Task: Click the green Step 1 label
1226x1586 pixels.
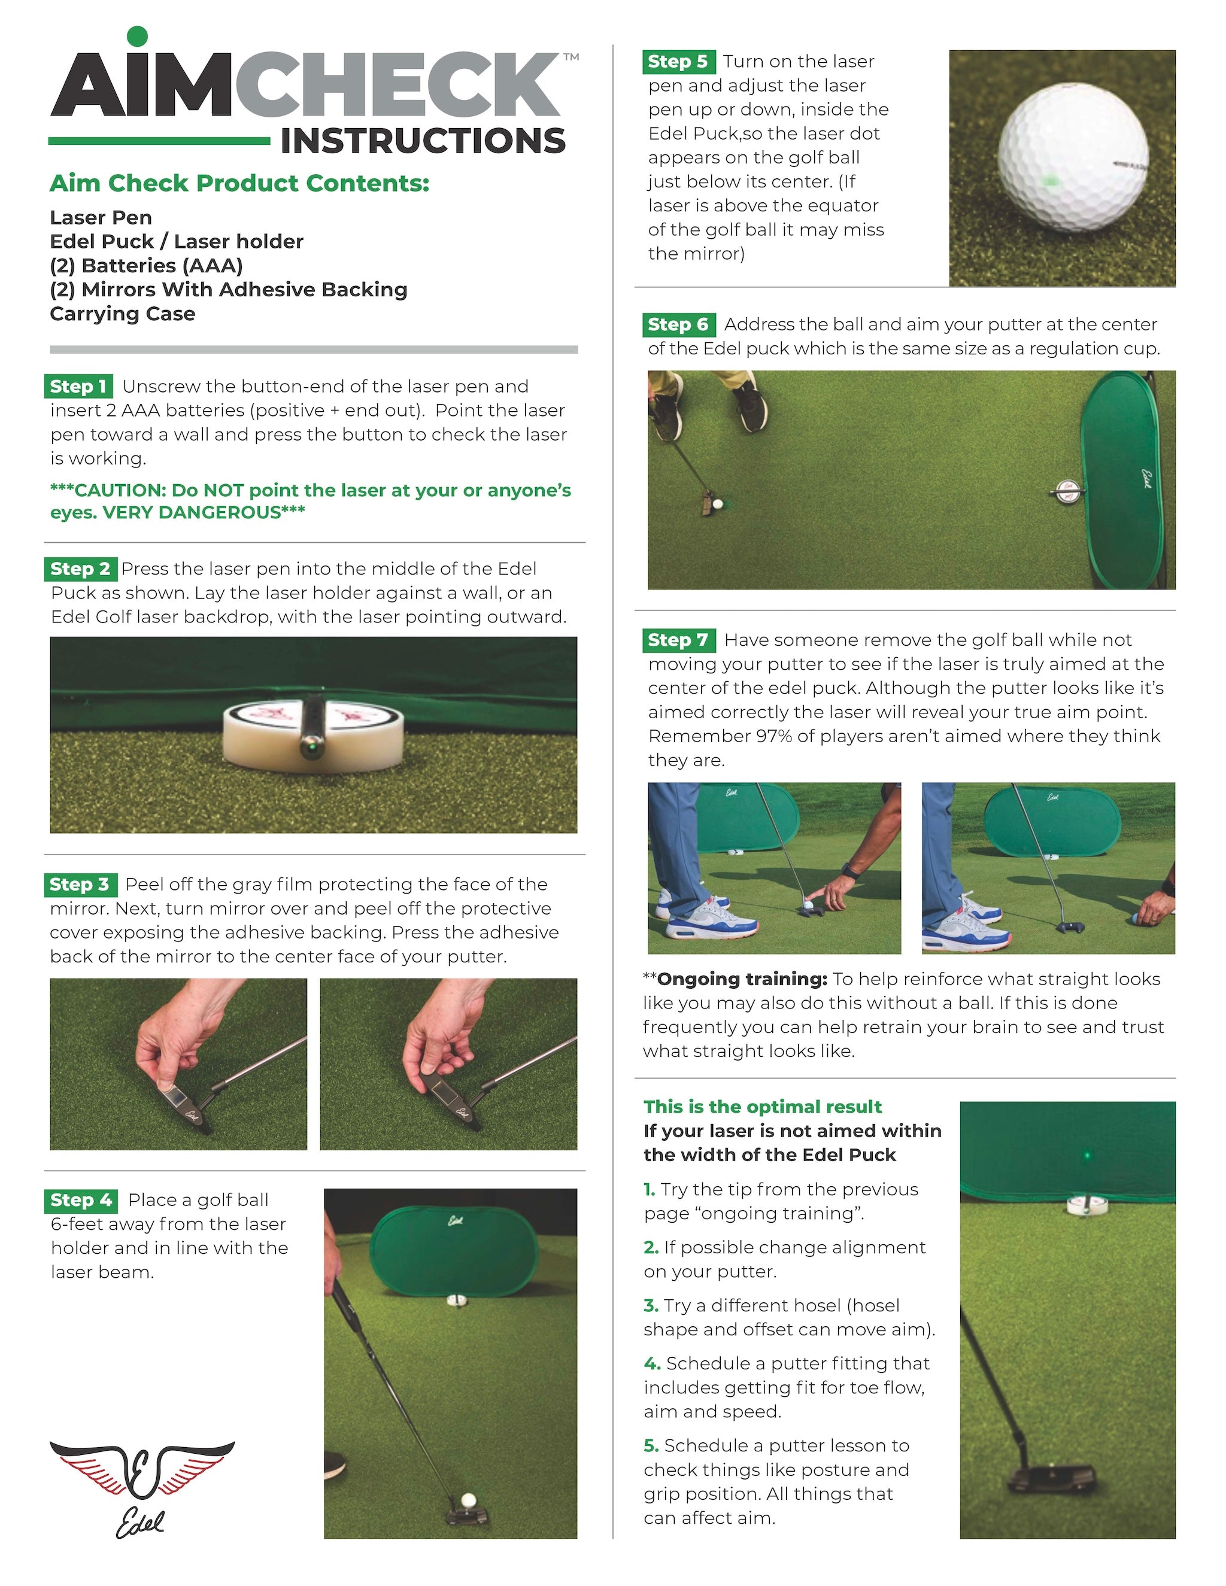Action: (78, 387)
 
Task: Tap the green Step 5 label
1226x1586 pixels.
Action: (678, 62)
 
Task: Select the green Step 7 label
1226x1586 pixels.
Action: (678, 640)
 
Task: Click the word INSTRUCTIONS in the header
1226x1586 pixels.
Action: (423, 141)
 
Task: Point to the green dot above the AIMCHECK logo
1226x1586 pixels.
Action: (136, 35)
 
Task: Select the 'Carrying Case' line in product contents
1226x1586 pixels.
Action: (122, 314)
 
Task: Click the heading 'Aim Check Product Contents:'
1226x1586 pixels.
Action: (239, 183)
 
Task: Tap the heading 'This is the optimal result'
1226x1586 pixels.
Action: (762, 1107)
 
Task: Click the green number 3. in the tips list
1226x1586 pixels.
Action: (650, 1306)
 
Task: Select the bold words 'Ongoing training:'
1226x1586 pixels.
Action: (742, 979)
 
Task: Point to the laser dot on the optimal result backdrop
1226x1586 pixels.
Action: (1087, 1154)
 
